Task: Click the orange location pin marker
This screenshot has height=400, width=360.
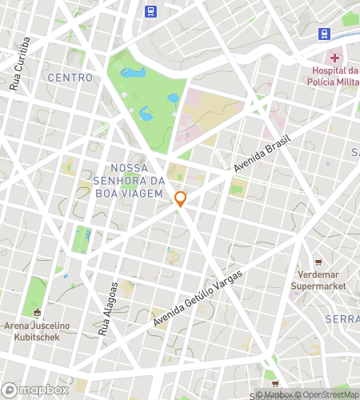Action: pyautogui.click(x=181, y=199)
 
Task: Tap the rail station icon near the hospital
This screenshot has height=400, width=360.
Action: pyautogui.click(x=324, y=34)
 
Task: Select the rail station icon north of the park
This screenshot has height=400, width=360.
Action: pyautogui.click(x=150, y=11)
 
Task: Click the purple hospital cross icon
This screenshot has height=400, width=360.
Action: pyautogui.click(x=334, y=58)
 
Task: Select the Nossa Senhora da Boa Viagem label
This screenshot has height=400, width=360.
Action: pyautogui.click(x=136, y=180)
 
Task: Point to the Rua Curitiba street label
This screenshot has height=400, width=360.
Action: pyautogui.click(x=20, y=63)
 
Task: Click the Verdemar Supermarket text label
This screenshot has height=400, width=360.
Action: pyautogui.click(x=318, y=279)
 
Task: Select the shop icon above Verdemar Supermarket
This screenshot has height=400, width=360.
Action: pyautogui.click(x=318, y=262)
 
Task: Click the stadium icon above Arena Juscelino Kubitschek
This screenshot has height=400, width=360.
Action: pyautogui.click(x=37, y=312)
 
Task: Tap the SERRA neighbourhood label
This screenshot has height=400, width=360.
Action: pyautogui.click(x=342, y=319)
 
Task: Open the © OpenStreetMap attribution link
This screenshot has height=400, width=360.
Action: pyautogui.click(x=327, y=394)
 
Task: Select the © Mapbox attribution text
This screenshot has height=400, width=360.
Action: pyautogui.click(x=274, y=394)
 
